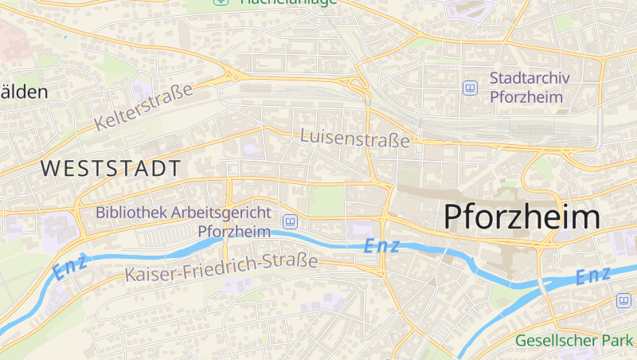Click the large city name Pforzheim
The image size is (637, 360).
click(521, 217)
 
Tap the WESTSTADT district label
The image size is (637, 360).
click(110, 169)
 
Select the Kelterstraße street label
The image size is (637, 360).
click(143, 107)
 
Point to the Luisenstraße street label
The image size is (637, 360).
click(355, 139)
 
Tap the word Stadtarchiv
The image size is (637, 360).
click(526, 79)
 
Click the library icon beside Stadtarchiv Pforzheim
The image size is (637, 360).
click(470, 88)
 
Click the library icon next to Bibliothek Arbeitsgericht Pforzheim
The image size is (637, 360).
click(290, 221)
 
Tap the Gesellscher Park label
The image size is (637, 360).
click(573, 341)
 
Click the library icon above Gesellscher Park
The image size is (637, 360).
click(623, 300)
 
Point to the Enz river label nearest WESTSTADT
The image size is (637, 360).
click(70, 268)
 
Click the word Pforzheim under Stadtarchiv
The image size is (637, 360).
click(526, 97)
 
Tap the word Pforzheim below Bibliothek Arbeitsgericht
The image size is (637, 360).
click(234, 232)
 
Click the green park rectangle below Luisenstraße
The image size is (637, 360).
click(326, 201)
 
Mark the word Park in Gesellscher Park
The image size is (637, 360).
click(616, 341)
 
